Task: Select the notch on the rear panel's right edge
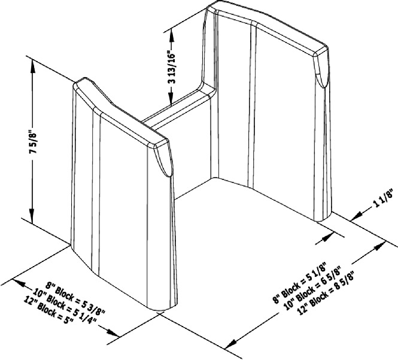(x=321, y=72)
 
